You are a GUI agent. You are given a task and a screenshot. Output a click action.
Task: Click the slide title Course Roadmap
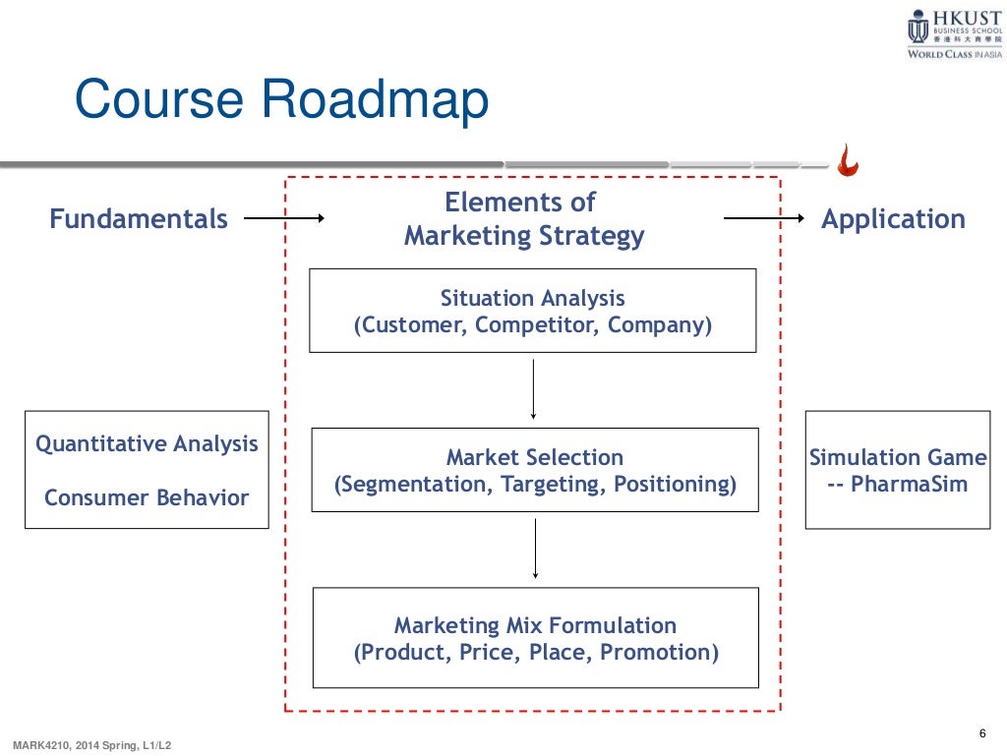[281, 101]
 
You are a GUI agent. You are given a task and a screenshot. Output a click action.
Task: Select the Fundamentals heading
[139, 219]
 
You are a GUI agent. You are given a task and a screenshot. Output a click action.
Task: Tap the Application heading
[893, 219]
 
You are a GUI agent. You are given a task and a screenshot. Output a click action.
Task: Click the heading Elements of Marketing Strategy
[524, 219]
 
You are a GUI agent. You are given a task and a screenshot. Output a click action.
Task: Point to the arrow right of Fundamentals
[283, 219]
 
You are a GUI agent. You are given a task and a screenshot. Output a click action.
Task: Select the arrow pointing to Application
[764, 219]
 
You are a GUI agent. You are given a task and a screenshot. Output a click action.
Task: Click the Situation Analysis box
[532, 311]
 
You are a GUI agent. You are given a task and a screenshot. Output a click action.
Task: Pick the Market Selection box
[534, 470]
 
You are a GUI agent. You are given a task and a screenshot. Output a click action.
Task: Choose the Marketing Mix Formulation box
[535, 638]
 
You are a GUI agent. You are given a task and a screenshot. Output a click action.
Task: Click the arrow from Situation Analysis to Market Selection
[533, 389]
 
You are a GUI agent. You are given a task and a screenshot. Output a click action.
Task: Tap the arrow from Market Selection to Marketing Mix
[535, 549]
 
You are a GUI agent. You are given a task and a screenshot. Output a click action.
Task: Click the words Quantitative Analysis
[147, 443]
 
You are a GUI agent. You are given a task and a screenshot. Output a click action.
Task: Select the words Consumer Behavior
[147, 497]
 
